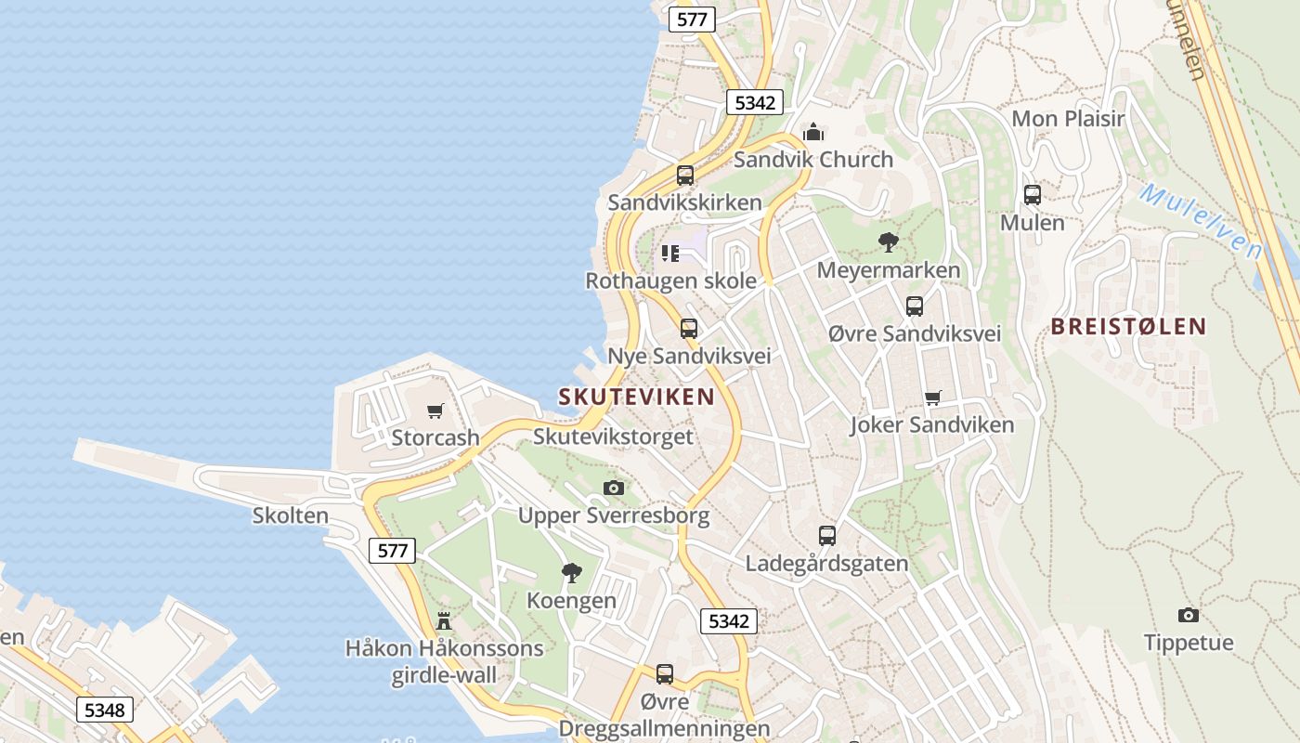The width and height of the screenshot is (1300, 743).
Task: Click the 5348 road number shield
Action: click(x=104, y=710)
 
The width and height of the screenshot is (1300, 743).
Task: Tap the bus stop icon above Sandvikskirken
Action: click(x=685, y=175)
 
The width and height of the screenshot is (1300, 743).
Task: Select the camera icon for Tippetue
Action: click(x=1188, y=615)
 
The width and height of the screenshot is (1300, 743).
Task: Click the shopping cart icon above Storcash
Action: click(x=435, y=411)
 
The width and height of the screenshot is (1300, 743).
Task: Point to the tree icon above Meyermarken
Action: click(x=889, y=242)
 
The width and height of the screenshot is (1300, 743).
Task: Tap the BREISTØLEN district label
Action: click(x=1128, y=326)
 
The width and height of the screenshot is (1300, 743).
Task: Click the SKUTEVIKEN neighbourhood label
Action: click(x=637, y=397)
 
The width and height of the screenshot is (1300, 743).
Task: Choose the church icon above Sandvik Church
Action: click(x=813, y=132)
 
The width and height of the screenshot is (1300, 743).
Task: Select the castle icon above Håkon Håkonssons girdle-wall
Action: click(x=444, y=620)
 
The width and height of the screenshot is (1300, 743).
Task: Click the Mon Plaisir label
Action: click(x=1068, y=119)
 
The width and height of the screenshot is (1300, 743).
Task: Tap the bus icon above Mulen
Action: click(x=1033, y=195)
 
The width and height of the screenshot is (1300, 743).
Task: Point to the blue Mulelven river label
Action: click(x=1201, y=221)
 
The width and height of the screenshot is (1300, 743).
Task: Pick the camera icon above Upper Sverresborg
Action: click(x=614, y=489)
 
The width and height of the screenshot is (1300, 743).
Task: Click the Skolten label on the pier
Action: click(x=291, y=515)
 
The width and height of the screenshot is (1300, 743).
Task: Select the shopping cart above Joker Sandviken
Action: click(x=933, y=398)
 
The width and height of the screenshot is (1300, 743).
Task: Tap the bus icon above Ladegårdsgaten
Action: click(x=827, y=536)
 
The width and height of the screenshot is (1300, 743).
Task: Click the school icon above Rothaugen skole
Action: click(x=670, y=253)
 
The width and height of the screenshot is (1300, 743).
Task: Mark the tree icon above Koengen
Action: click(x=572, y=573)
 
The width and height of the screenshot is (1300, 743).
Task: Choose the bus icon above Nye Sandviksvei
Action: click(x=689, y=329)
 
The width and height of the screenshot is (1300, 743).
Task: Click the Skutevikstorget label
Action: click(x=614, y=437)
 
